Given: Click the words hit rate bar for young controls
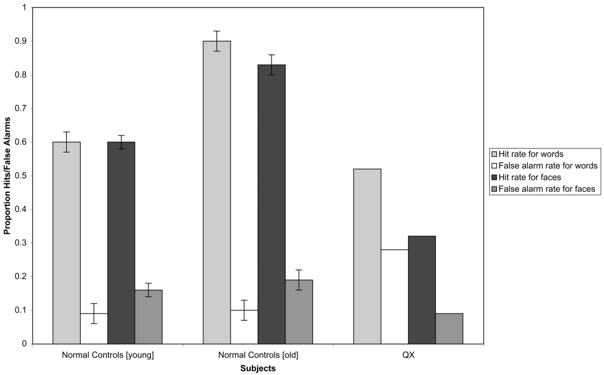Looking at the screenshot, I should point(66,242).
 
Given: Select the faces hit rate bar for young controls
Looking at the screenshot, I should point(121,242).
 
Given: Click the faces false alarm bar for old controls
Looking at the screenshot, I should point(299,312).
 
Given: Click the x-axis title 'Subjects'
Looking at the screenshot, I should point(258,367).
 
